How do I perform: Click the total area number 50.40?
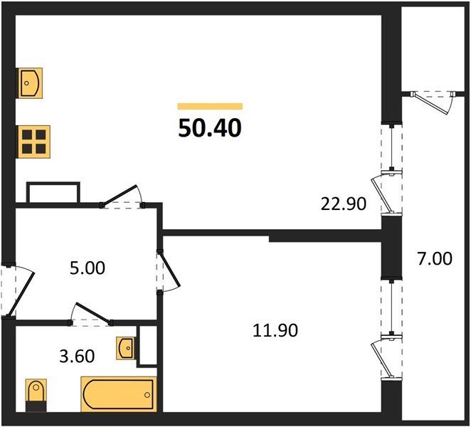click(210, 128)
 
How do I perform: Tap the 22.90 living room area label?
click(343, 205)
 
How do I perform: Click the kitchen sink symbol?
click(31, 82)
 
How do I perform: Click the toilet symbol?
click(34, 395)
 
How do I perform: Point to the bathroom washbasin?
click(125, 348)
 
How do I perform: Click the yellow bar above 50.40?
click(210, 106)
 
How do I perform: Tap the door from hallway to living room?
click(122, 196)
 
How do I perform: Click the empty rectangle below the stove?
click(53, 193)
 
